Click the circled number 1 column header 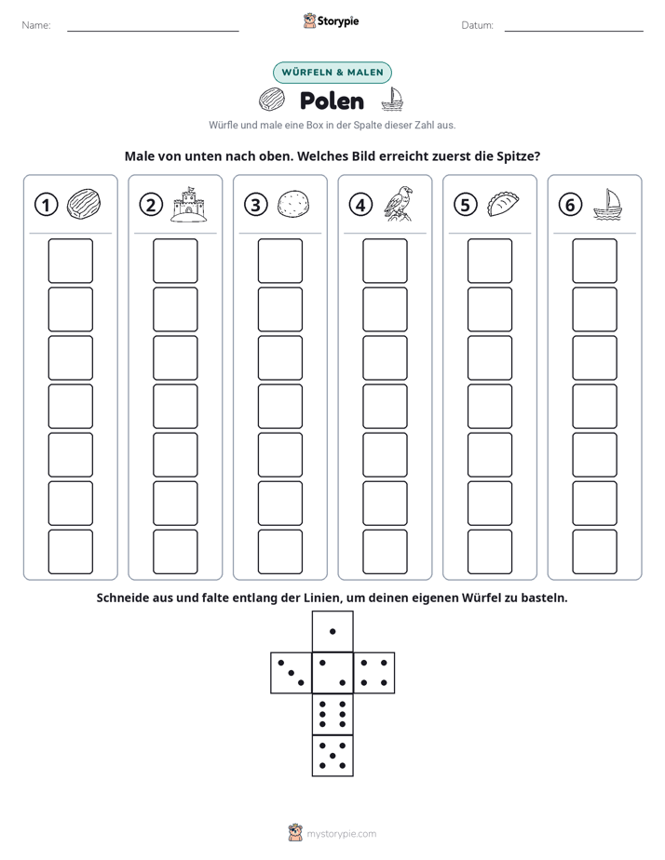(x=46, y=205)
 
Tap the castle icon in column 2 (x=189, y=204)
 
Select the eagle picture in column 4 (x=399, y=204)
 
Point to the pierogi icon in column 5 (x=503, y=204)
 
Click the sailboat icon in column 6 (x=607, y=204)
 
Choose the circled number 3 (x=256, y=205)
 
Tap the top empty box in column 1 (x=70, y=261)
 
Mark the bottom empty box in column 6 (x=594, y=552)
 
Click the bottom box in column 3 (x=279, y=552)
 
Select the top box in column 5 (x=489, y=261)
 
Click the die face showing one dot (x=332, y=632)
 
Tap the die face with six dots (x=332, y=714)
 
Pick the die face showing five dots (x=332, y=755)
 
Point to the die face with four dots (x=374, y=673)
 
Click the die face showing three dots (x=292, y=673)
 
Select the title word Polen (x=332, y=101)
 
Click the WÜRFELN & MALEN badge (x=332, y=73)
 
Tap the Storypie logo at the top (x=331, y=20)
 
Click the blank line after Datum (x=574, y=31)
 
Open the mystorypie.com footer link (x=341, y=834)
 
